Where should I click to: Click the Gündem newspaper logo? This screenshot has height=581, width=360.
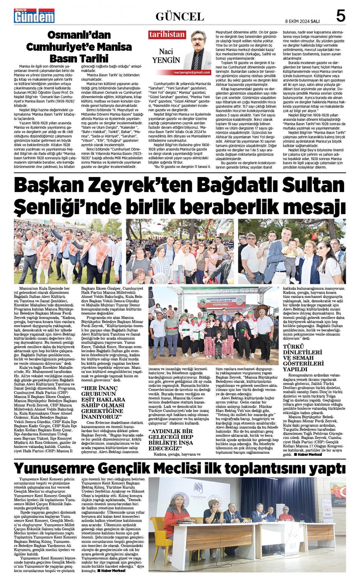pos(34,16)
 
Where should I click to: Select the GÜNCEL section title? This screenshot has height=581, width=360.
pos(180,17)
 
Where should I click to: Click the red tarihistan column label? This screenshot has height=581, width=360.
pos(167,35)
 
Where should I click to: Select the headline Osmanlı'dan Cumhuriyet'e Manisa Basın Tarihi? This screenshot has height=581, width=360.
pos(79,46)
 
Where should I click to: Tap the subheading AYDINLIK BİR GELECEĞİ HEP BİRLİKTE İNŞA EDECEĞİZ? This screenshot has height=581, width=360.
pos(171,439)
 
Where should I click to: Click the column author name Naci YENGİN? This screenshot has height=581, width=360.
pos(166,56)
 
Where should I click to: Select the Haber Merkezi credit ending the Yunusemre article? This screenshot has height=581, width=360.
pos(113,571)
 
